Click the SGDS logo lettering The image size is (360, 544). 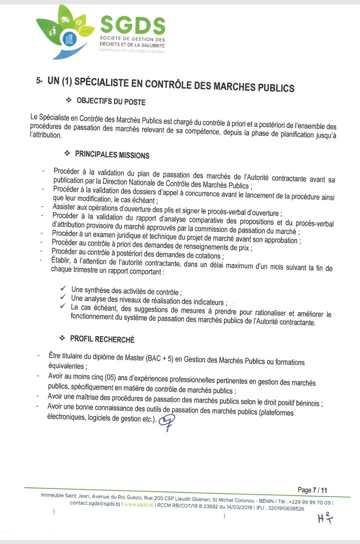(x=132, y=25)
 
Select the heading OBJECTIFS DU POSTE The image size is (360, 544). (x=110, y=102)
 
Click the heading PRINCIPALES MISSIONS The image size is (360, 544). (x=112, y=155)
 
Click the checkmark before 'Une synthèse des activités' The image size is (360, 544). (x=63, y=289)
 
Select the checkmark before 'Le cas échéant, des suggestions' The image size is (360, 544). (x=62, y=306)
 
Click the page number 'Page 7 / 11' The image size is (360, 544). (x=312, y=490)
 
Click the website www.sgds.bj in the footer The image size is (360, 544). (x=138, y=504)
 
